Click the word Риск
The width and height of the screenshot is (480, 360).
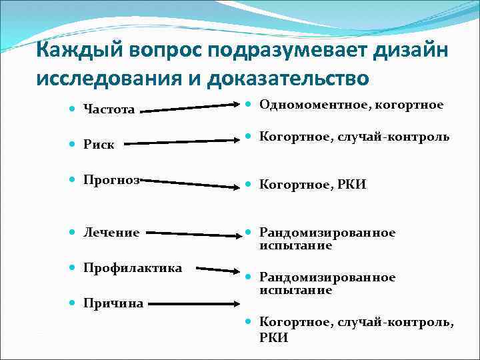tap(98, 143)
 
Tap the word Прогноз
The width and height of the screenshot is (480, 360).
tap(110, 180)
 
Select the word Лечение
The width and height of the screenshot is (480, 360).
tap(111, 233)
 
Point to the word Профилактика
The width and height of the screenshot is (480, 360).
tap(133, 268)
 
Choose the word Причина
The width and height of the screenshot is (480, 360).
tap(113, 303)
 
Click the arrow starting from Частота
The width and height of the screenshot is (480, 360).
tap(191, 107)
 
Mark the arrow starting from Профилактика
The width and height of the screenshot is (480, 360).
tap(213, 270)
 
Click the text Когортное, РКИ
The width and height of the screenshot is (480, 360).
tap(313, 185)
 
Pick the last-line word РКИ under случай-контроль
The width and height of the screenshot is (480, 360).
tap(273, 338)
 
